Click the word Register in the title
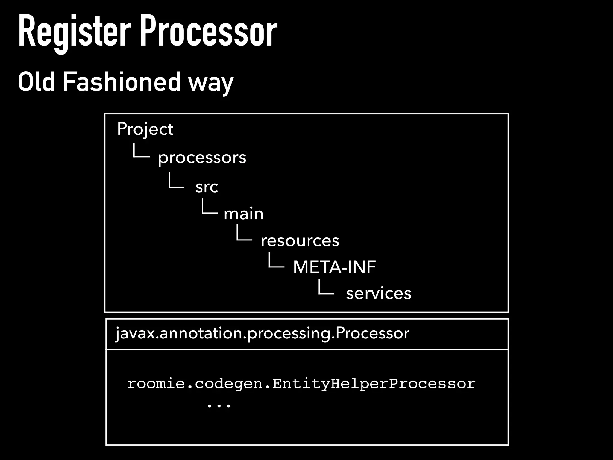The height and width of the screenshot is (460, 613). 74,32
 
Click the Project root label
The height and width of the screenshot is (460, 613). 145,129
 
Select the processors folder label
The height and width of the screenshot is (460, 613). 202,158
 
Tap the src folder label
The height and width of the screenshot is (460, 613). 207,187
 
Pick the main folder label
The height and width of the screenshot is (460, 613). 243,214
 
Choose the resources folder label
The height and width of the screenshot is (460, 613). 300,240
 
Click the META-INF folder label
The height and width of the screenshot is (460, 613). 334,267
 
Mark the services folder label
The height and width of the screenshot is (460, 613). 378,293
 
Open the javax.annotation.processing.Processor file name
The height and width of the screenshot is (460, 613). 262,333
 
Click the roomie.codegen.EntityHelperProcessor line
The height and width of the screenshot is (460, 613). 301,384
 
